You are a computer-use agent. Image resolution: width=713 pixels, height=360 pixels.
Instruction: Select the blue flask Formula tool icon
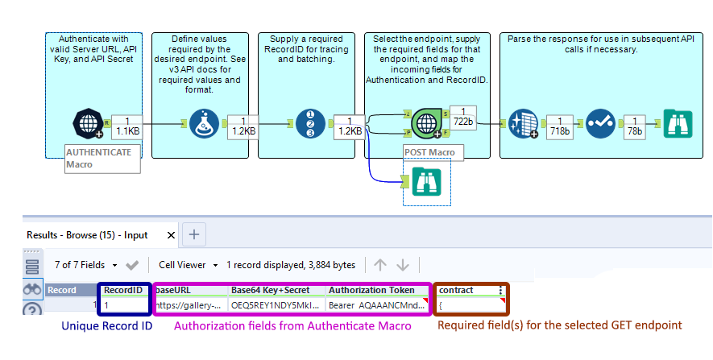pos(205,125)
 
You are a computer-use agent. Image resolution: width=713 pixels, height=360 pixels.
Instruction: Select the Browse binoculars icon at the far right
pos(677,125)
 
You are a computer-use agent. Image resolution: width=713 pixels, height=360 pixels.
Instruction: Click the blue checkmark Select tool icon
pos(600,125)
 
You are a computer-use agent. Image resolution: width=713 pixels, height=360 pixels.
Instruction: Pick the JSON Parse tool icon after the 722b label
pos(523,125)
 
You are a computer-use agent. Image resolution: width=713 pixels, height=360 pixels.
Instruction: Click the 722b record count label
pos(462,116)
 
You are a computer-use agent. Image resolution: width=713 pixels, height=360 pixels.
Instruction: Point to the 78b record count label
pos(636,125)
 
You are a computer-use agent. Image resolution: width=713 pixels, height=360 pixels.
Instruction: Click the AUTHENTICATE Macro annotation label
pos(102,158)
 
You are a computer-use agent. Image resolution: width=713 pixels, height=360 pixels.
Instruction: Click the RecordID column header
pos(123,290)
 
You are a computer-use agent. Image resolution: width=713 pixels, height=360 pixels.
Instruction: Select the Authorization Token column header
pos(372,290)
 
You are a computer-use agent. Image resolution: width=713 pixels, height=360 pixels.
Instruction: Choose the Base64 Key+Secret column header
pos(269,290)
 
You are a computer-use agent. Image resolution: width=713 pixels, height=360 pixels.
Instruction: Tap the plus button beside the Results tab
pos(193,235)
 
